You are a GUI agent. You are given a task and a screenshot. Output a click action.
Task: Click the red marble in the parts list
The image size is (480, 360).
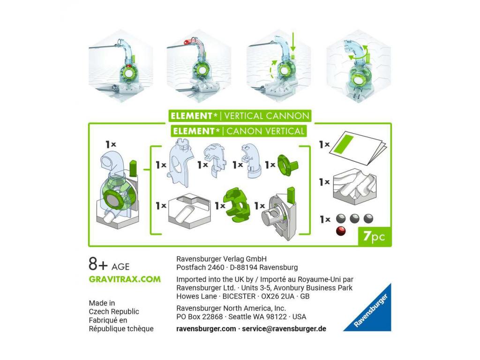pyautogui.click(x=341, y=231)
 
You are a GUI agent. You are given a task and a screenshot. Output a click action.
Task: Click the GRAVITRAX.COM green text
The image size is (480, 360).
pyautogui.click(x=125, y=279)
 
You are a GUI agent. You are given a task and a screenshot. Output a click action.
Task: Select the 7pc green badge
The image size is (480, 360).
pyautogui.click(x=375, y=236)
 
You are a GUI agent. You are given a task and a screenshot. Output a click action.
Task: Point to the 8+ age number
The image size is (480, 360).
pyautogui.click(x=98, y=264)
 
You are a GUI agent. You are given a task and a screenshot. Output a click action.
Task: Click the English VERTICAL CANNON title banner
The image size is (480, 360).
pyautogui.click(x=240, y=116)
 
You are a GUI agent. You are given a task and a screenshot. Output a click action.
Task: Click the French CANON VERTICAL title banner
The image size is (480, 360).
pyautogui.click(x=239, y=131)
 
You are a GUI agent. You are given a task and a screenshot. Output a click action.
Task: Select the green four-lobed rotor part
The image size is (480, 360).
pyautogui.click(x=236, y=205)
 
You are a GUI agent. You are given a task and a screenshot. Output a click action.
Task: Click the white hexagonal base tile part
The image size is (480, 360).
pyautogui.click(x=189, y=211)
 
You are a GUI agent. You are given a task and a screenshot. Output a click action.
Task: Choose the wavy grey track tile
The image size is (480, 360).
pyautogui.click(x=354, y=187)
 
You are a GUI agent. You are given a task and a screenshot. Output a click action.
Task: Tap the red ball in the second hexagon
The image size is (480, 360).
pyautogui.click(x=186, y=42)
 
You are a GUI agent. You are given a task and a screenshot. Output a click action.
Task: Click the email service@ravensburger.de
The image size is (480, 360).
pyautogui.click(x=284, y=329)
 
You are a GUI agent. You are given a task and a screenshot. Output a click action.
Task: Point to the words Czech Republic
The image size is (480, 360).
pyautogui.click(x=114, y=312)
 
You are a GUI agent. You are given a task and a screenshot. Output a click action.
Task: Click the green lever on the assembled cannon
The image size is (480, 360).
pyautogui.click(x=133, y=168)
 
